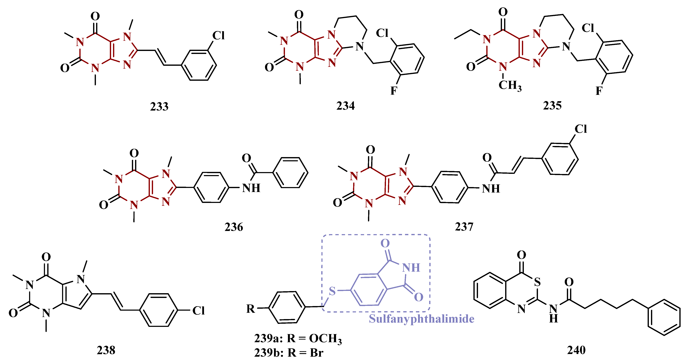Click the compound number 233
click(159, 107)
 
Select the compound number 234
click(345, 106)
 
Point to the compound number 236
click(234, 227)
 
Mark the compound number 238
click(106, 350)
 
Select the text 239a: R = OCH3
click(298, 339)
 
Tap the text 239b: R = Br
click(289, 353)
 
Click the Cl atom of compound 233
click(218, 36)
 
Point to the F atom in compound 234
click(394, 91)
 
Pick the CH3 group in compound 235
click(510, 86)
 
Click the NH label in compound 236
click(251, 188)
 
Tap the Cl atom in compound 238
click(198, 311)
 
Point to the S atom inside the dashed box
click(332, 291)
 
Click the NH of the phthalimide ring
click(411, 268)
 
